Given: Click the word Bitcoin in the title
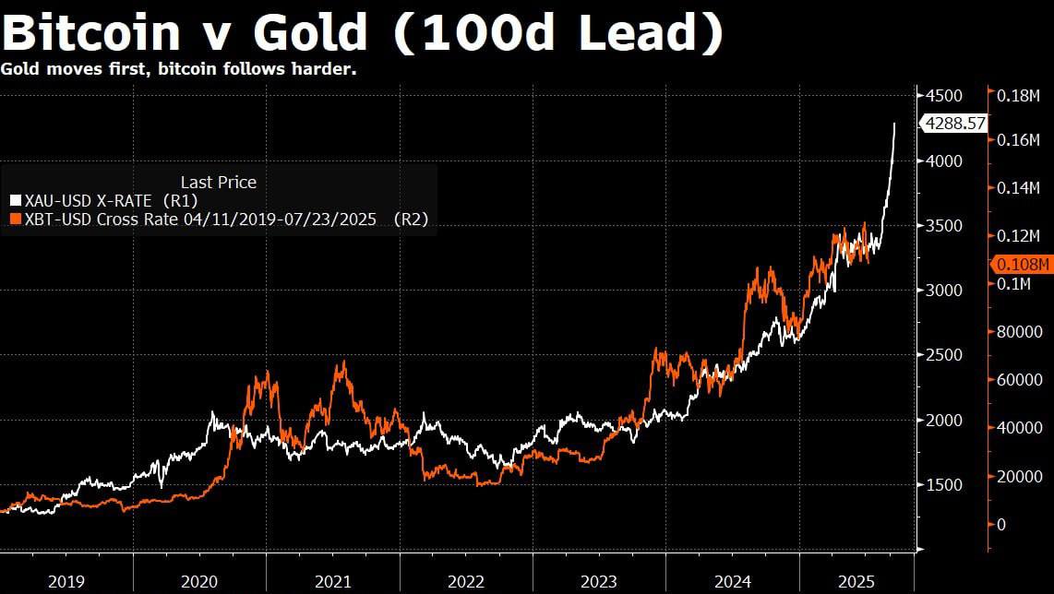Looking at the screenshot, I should [x=90, y=33].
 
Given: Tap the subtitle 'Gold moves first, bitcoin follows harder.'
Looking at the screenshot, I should [x=179, y=69].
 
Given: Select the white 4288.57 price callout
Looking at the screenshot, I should [x=954, y=122].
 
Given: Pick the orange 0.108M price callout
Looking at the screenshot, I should [x=1022, y=265].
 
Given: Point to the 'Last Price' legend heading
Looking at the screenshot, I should [x=218, y=182].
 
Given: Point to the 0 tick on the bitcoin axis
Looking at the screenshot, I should [x=1001, y=524].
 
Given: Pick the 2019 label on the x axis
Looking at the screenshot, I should [x=66, y=582].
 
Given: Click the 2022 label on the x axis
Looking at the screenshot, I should [x=466, y=582].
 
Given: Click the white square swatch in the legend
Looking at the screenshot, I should [x=14, y=199].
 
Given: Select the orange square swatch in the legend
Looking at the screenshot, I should [x=14, y=219].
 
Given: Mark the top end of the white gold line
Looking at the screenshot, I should [x=893, y=123].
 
